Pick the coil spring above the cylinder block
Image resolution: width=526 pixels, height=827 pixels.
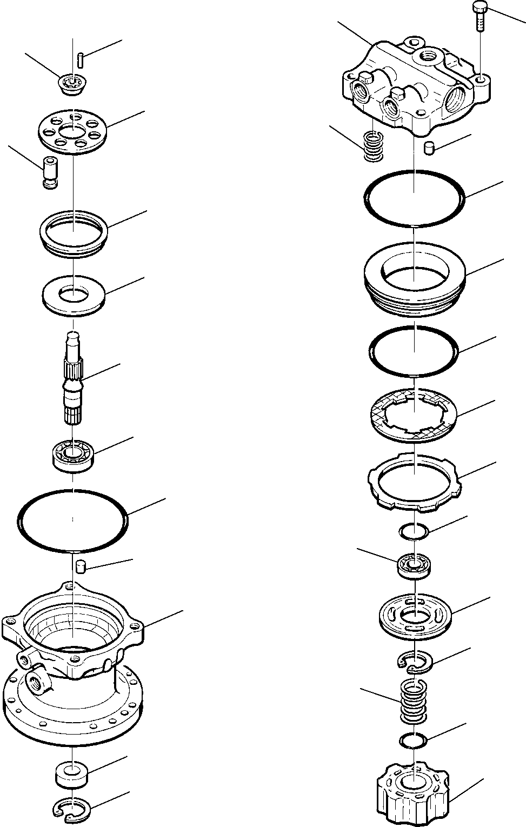point(414,701)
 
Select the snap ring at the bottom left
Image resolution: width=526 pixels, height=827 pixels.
point(74,809)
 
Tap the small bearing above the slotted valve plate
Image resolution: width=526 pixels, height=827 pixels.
point(414,565)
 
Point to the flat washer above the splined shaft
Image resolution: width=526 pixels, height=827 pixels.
point(73,297)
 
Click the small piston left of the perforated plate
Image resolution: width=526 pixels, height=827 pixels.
point(50,172)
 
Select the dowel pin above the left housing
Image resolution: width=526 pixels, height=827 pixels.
point(82,566)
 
